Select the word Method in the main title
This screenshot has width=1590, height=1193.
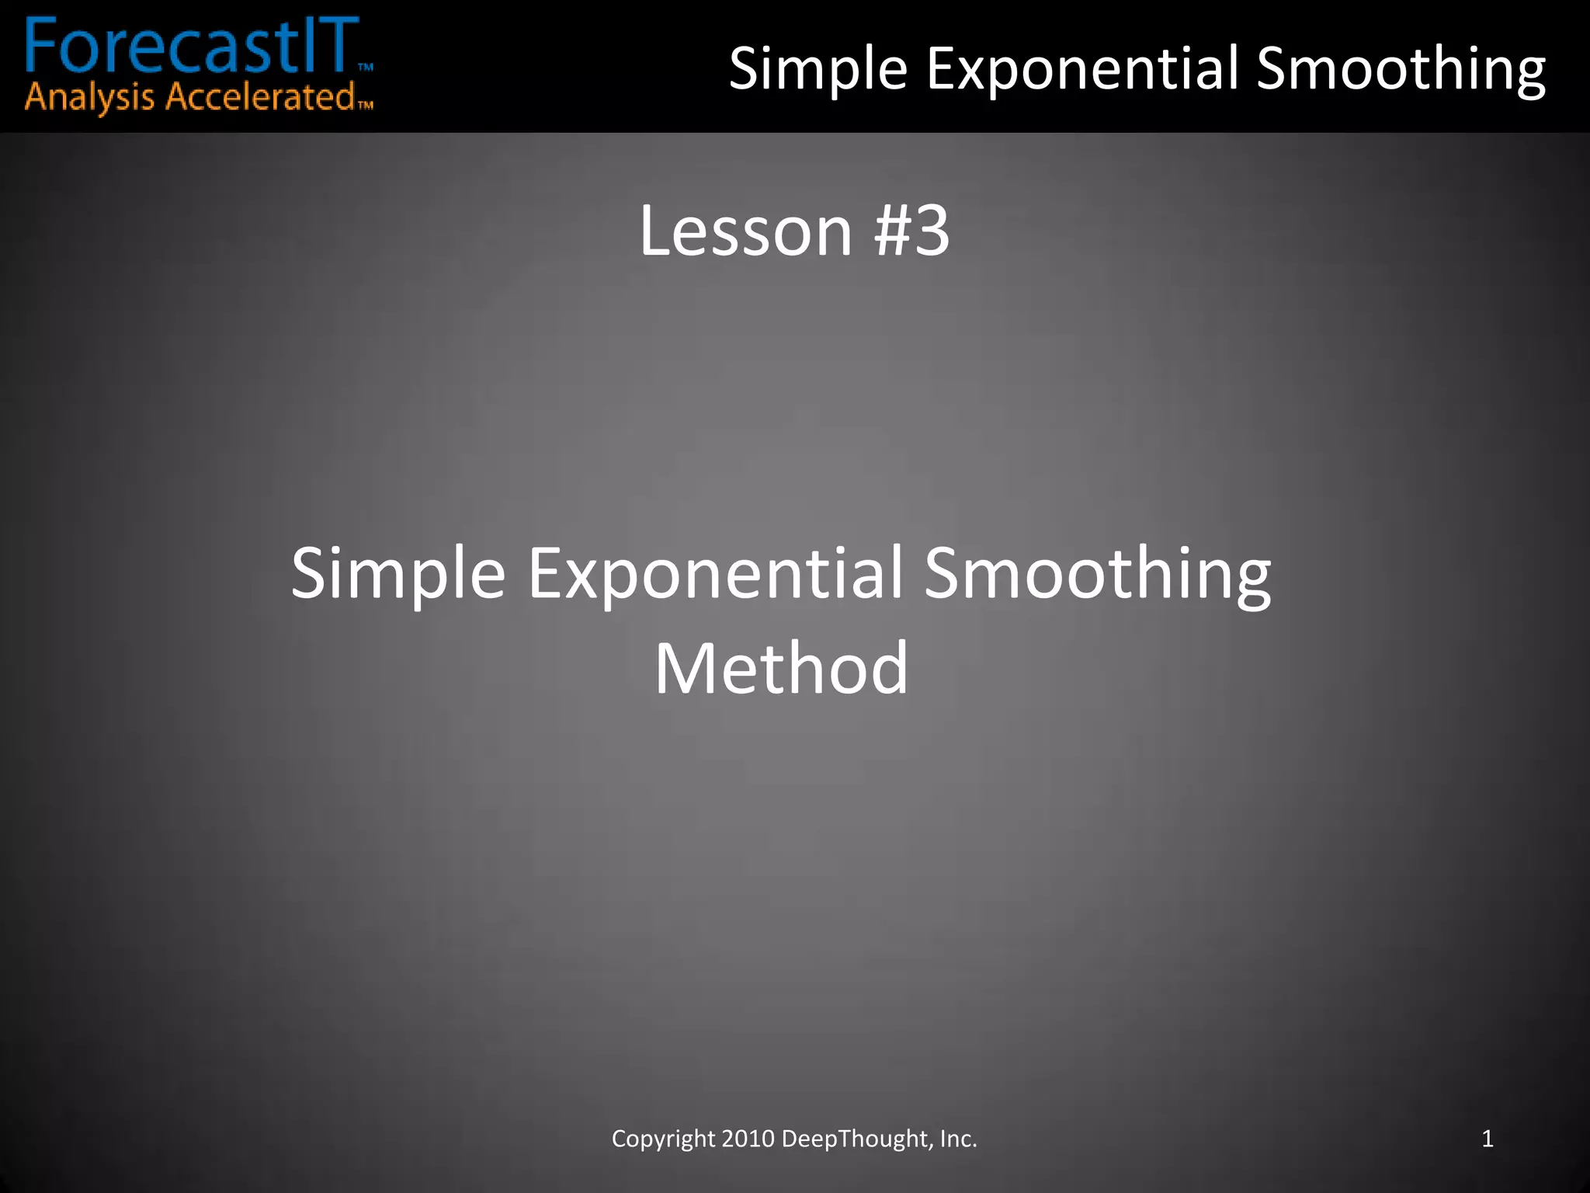coord(781,669)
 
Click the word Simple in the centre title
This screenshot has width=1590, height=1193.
coord(398,574)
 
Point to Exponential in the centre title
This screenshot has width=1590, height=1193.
coord(715,574)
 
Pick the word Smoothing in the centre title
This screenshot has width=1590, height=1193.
coord(1098,574)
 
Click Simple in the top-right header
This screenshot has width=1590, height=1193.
coord(818,69)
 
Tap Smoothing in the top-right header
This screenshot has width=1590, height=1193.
coord(1401,69)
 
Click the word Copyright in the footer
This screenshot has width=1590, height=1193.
coord(663,1139)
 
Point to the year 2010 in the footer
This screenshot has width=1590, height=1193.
coord(748,1139)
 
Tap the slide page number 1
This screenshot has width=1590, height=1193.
coord(1488,1139)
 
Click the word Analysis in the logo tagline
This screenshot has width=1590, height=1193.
coord(89,99)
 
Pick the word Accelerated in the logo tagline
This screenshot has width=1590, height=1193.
coord(260,97)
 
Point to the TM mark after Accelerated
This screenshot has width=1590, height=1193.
coord(366,105)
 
